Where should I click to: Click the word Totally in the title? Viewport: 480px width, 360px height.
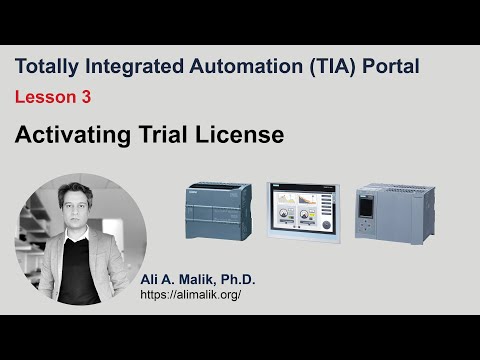pos(48,67)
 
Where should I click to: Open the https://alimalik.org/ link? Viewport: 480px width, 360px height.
pos(190,296)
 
